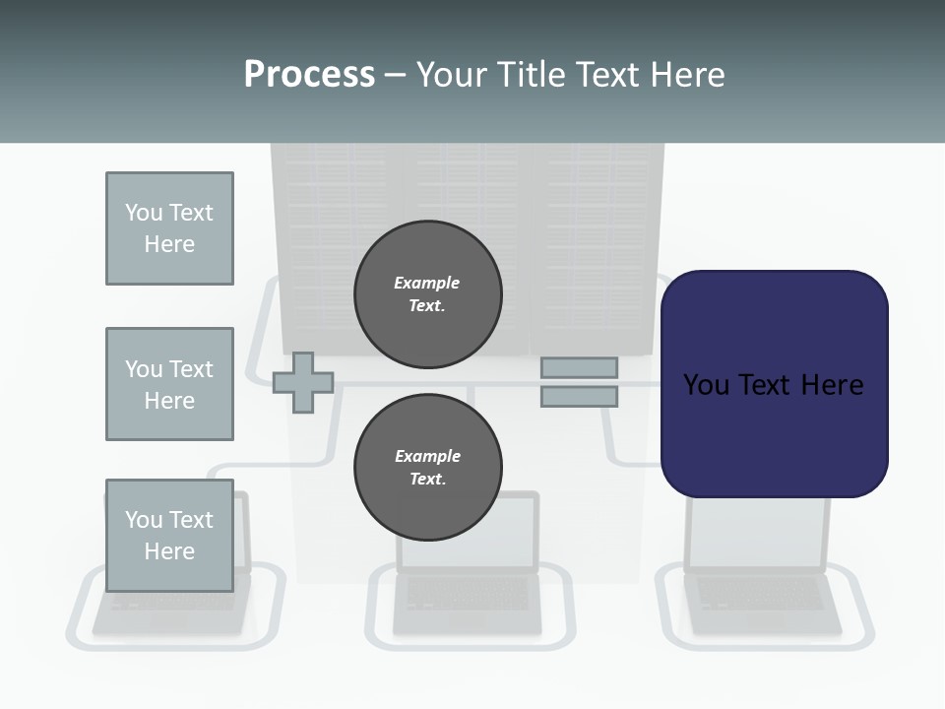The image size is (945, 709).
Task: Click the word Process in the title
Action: coord(309,75)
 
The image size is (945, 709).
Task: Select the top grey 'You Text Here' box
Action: coord(169,228)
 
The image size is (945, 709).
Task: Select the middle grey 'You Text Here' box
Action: coord(169,384)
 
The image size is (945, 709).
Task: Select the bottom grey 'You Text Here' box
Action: coord(169,535)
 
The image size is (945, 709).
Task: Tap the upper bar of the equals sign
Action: coord(579,367)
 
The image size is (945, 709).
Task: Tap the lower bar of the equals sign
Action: coord(579,396)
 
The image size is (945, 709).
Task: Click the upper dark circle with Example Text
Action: coord(427,293)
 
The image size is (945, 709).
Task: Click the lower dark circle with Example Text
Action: coord(427,467)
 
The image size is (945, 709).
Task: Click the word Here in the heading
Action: coord(686,75)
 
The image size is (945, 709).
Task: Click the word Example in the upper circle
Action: coord(427,283)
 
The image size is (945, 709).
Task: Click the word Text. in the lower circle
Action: coord(427,479)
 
